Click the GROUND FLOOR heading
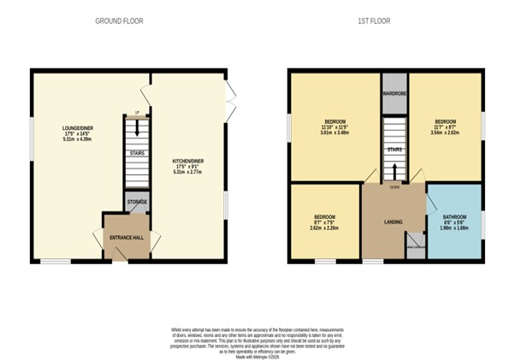(x=118, y=21)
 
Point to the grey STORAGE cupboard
(x=138, y=202)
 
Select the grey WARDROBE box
(x=394, y=95)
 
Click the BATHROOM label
(x=455, y=217)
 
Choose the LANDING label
(x=394, y=222)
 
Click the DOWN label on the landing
(x=394, y=186)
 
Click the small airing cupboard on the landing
(x=415, y=244)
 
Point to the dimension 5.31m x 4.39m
(x=77, y=139)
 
